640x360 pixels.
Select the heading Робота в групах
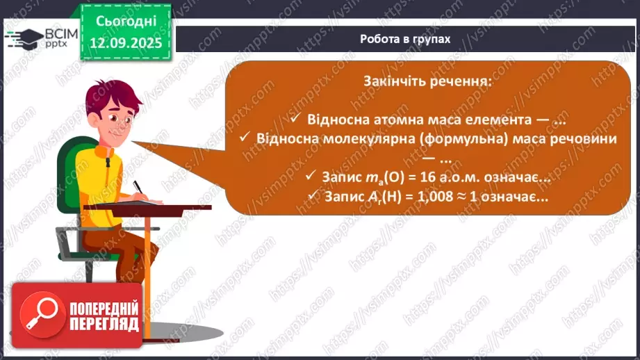tap(405, 39)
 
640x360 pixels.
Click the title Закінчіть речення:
tap(427, 81)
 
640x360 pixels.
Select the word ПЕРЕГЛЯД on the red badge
tap(104, 324)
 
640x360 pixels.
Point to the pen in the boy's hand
tap(138, 188)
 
